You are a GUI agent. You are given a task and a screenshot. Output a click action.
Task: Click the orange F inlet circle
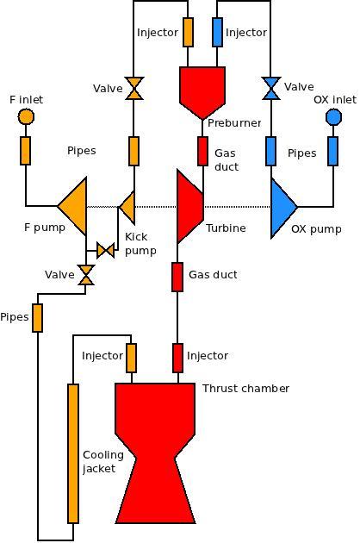[26, 116]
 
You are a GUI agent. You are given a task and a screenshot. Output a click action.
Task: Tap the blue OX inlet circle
[333, 117]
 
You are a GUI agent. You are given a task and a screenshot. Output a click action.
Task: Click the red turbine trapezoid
[189, 206]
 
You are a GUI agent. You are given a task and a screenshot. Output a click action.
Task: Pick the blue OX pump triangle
[284, 208]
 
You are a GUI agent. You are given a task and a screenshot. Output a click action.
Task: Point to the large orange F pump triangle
[72, 207]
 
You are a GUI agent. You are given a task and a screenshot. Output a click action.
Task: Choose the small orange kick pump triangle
[127, 207]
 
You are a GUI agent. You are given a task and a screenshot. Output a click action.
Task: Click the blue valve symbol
[271, 88]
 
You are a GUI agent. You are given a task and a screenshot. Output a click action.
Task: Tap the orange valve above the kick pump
[134, 88]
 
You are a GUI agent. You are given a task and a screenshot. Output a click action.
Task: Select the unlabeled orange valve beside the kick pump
[105, 250]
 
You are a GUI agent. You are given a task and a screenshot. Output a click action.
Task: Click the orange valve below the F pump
[86, 275]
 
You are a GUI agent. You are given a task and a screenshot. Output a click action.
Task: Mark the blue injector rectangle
[217, 32]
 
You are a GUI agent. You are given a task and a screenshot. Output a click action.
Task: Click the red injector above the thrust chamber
[178, 358]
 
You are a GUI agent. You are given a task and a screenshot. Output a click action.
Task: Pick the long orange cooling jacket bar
[73, 453]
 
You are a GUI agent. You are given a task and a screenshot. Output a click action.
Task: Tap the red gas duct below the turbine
[177, 277]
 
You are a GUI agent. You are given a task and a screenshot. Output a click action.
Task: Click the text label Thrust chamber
[245, 389]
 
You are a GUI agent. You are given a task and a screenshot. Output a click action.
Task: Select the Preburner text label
[234, 123]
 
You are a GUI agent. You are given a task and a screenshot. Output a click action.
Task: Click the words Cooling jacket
[103, 462]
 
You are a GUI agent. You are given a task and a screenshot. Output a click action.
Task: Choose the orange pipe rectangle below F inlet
[25, 151]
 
